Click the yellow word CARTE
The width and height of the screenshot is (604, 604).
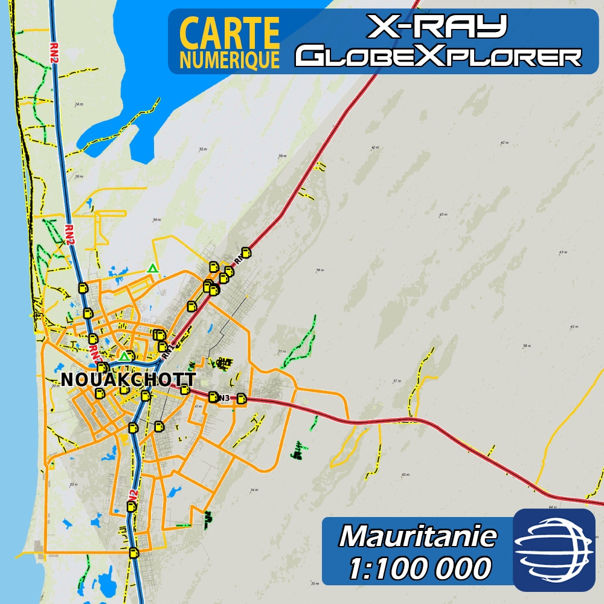[x=230, y=34]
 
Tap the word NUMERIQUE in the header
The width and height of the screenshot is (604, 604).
[x=230, y=60]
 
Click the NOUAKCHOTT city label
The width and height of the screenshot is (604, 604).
[x=129, y=380]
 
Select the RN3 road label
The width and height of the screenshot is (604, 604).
[x=224, y=397]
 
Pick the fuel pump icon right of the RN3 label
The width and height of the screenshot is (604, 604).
[x=242, y=398]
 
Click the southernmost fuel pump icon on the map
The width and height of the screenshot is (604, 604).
[x=133, y=552]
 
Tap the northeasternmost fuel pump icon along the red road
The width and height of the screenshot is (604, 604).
[x=245, y=252]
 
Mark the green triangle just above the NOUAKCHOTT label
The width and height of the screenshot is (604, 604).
[x=124, y=357]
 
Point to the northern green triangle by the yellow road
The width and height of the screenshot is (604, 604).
[x=153, y=268]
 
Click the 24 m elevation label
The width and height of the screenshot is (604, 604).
[x=79, y=104]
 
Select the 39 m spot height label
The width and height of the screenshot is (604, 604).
[x=281, y=156]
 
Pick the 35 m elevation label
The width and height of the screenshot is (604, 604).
[x=314, y=583]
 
